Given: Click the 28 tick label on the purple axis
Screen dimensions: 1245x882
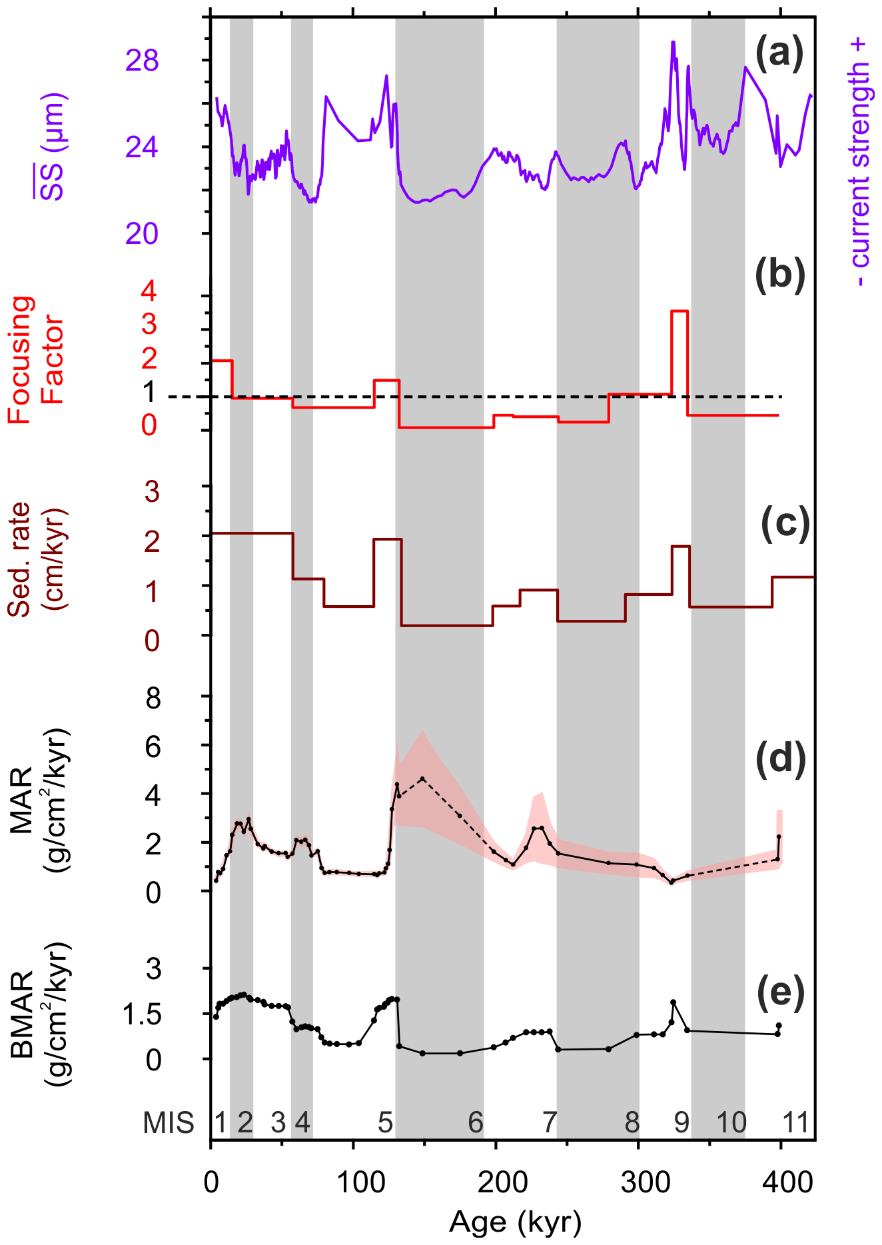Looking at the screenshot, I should click(x=142, y=61).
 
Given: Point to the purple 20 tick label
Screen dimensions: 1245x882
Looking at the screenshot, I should click(x=142, y=234).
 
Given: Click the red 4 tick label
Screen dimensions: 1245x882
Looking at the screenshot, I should click(x=149, y=291).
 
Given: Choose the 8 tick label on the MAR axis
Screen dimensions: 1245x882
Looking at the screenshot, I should click(x=153, y=698).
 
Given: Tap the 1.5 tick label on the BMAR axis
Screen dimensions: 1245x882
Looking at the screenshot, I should click(x=142, y=1014).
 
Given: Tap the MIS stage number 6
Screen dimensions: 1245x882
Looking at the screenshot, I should click(x=475, y=1123).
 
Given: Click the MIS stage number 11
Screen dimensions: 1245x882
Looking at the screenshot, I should click(x=795, y=1123).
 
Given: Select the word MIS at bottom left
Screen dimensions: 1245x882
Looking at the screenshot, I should click(x=169, y=1123).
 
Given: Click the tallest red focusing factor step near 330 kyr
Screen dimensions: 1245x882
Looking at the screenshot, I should click(x=679, y=311).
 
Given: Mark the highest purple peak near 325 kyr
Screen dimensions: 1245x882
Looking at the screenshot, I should click(x=673, y=43).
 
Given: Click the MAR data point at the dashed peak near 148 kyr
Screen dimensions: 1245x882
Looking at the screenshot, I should click(x=422, y=778).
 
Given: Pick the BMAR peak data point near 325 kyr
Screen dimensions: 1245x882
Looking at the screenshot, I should click(x=673, y=1002).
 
